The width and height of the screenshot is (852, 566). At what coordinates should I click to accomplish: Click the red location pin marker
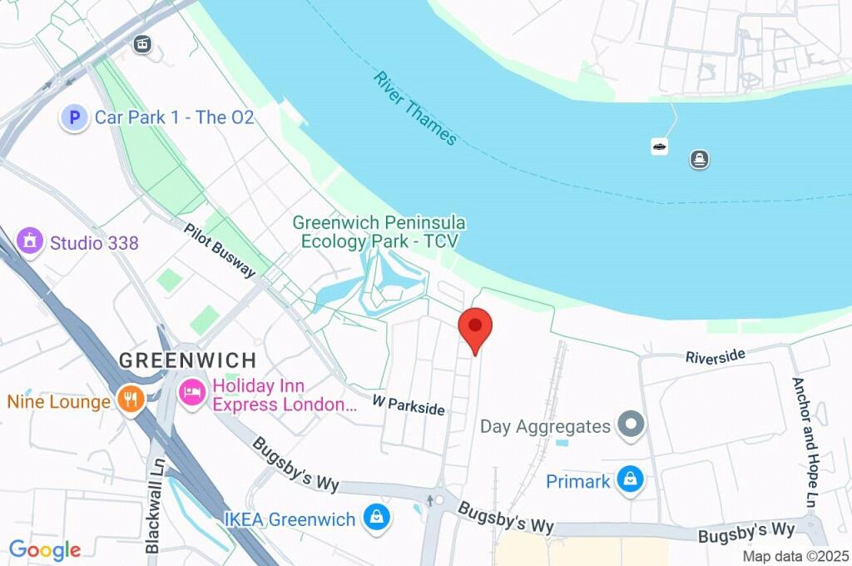tap(475, 326)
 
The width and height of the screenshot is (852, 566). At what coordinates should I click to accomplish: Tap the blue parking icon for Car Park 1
tap(74, 118)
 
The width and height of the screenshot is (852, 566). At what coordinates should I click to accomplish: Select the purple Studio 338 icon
tap(31, 242)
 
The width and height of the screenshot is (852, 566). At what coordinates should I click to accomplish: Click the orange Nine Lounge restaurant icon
tap(130, 400)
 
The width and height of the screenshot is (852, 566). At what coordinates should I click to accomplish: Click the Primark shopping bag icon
tap(631, 480)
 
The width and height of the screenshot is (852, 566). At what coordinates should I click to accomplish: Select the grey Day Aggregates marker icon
tap(632, 426)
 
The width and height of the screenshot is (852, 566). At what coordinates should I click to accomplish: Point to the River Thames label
tap(415, 108)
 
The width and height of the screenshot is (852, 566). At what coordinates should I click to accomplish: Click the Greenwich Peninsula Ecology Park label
tap(379, 232)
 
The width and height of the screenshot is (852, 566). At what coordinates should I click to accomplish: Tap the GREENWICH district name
tap(187, 360)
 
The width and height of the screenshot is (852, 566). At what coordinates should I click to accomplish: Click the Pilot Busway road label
tap(220, 251)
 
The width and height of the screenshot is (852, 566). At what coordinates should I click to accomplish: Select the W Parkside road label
tap(409, 405)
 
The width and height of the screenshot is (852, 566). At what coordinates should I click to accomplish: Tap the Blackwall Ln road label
tap(153, 504)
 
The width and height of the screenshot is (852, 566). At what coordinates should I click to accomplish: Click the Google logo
tap(45, 549)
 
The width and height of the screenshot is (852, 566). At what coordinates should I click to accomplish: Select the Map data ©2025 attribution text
tap(795, 556)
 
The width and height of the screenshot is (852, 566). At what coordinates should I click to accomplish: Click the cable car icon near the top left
tap(143, 44)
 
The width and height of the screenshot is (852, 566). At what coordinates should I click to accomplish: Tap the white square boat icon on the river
tap(659, 146)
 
